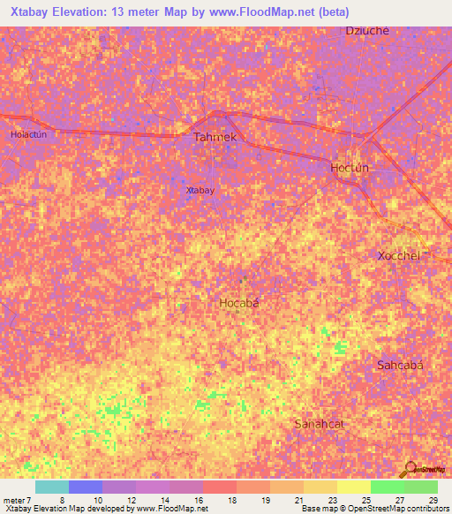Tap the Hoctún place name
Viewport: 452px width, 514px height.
[349, 168]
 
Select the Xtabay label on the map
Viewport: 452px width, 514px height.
[200, 190]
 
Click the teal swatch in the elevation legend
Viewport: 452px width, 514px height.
[51, 487]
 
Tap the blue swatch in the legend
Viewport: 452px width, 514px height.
[85, 487]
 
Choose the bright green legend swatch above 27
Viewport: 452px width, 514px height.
[387, 487]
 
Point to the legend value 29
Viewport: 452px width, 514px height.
[433, 499]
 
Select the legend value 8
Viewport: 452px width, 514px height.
[63, 499]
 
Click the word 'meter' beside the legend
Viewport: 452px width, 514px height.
[15, 499]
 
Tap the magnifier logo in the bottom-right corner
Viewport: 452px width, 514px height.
[410, 468]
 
